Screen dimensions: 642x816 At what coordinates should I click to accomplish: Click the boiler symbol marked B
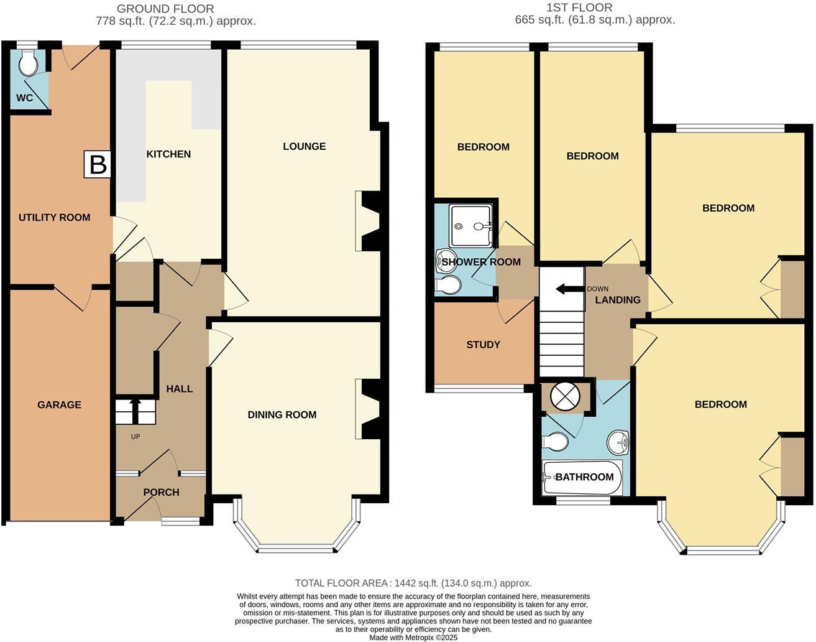[x=98, y=165]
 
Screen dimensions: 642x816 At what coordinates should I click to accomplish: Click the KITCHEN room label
[x=168, y=154]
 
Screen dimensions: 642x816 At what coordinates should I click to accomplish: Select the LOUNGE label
[x=304, y=146]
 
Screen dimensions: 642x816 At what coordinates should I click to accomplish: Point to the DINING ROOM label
[x=282, y=415]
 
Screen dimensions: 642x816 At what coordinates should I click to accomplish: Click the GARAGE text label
[x=59, y=405]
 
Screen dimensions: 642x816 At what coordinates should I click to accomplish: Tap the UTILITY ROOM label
[x=54, y=218]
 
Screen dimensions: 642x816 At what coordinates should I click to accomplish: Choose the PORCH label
[x=161, y=493]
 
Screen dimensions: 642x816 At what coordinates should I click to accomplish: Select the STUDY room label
[x=483, y=345]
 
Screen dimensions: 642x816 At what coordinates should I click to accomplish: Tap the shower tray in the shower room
[x=472, y=226]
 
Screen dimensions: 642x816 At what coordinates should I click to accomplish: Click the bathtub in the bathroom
[x=582, y=478]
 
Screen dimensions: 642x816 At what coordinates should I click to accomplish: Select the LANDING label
[x=617, y=300]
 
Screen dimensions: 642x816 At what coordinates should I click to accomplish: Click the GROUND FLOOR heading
[x=165, y=9]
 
